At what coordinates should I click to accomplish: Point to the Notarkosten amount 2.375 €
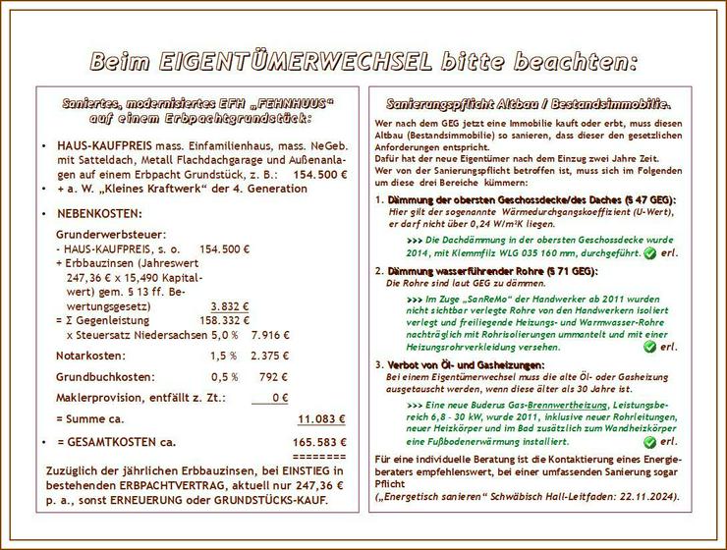[x=270, y=355]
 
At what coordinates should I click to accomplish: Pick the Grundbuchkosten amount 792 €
[x=274, y=376]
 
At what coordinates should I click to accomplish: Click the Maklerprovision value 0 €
[x=279, y=398]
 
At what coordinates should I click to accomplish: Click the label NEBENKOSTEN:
[x=99, y=213]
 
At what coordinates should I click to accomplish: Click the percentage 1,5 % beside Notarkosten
[x=223, y=355]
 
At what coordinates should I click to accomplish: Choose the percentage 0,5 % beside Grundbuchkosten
[x=224, y=376]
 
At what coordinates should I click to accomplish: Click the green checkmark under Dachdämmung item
[x=649, y=253]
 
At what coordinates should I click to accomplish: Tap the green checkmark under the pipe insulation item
[x=649, y=347]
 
